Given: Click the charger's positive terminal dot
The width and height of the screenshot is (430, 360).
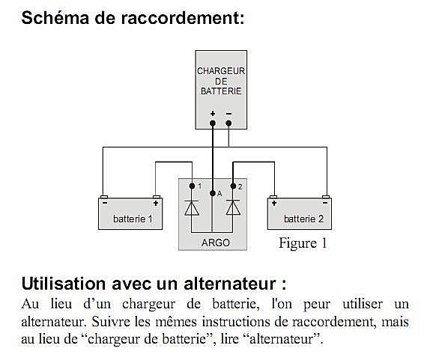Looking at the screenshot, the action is (213, 123).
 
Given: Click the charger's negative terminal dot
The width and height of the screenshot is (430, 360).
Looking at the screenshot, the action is (228, 123).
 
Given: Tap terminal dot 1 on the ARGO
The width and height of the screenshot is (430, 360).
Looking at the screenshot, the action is (192, 186).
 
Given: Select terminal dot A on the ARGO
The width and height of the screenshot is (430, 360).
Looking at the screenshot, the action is (212, 193).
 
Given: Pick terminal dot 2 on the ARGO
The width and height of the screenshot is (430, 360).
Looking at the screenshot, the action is (233, 186).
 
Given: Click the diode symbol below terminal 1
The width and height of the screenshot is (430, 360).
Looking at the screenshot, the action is (192, 207).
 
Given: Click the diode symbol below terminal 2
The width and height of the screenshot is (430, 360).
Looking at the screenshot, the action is (233, 207).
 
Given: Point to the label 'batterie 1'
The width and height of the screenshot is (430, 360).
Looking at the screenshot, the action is (133, 219).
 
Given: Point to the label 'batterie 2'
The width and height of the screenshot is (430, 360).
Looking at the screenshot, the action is (303, 219).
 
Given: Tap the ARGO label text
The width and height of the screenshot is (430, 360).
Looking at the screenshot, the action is (216, 242).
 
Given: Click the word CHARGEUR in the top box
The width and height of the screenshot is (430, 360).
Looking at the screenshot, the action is (221, 71).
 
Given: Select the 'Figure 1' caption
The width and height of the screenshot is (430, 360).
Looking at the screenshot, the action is (303, 243).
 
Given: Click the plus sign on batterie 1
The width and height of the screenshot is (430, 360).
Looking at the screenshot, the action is (156, 203).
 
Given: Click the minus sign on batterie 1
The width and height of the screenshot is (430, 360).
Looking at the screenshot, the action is (104, 203).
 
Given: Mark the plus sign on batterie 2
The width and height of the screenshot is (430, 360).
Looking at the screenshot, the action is (273, 203).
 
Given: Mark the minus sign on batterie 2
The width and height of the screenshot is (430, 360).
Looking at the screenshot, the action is (325, 203).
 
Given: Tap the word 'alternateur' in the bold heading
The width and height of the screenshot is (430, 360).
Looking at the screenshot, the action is (230, 284).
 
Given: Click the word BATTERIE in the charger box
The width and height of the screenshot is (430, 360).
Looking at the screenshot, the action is (221, 91).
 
